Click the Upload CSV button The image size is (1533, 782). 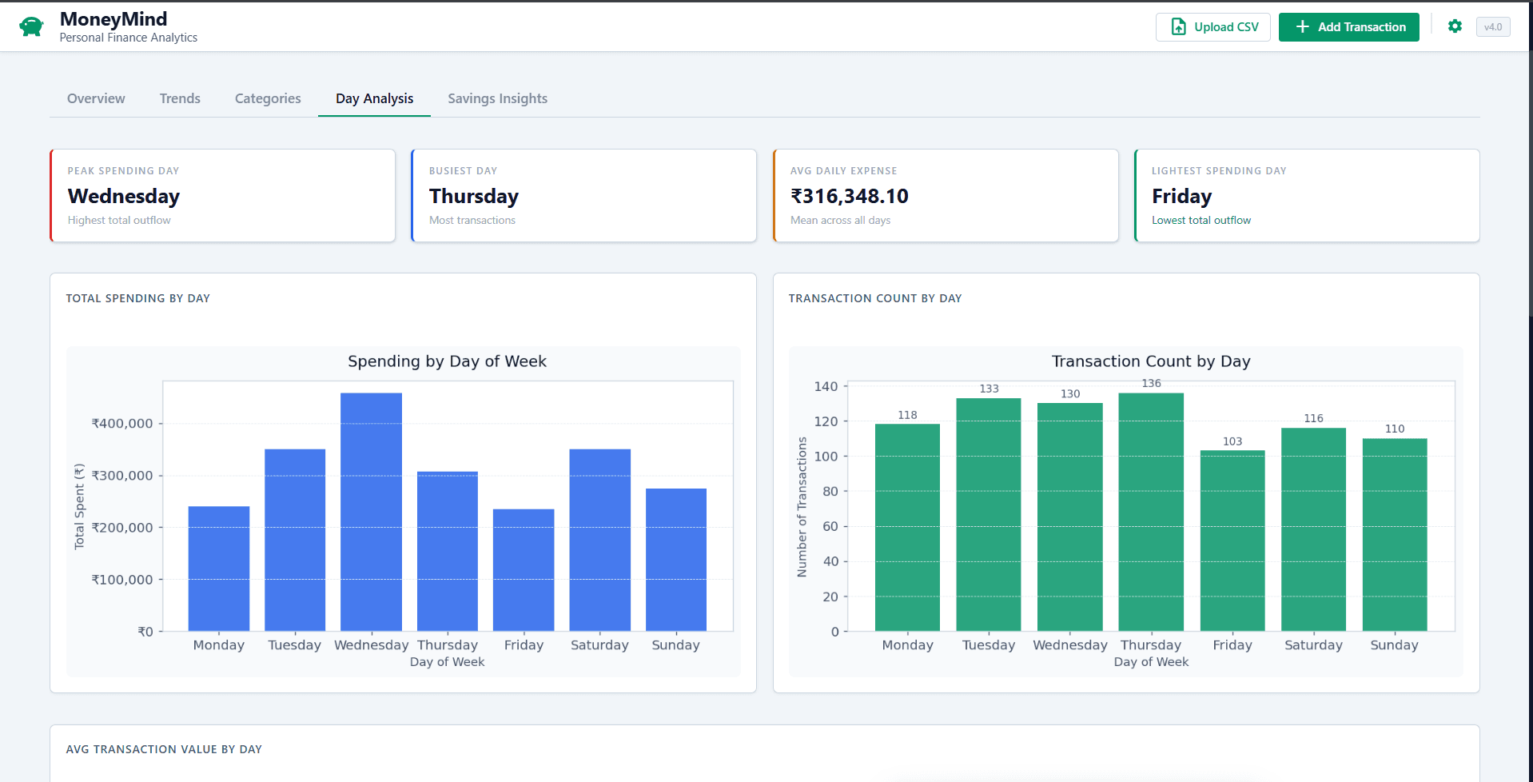click(x=1212, y=27)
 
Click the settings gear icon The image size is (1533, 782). click(x=1455, y=26)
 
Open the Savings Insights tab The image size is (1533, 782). click(x=497, y=98)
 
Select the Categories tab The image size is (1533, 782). click(x=268, y=98)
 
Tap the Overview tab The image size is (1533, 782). click(x=96, y=98)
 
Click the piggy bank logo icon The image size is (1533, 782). click(x=31, y=26)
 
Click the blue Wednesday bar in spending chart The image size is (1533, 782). click(x=371, y=512)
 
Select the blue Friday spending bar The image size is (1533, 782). click(x=524, y=569)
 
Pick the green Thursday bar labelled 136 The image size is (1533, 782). click(x=1151, y=512)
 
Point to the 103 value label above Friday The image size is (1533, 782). click(x=1232, y=441)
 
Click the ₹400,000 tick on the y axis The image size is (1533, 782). click(x=122, y=424)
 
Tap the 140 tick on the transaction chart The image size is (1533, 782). click(x=826, y=387)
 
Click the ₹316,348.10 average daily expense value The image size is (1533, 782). click(x=849, y=196)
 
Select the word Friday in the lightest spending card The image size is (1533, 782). click(x=1181, y=196)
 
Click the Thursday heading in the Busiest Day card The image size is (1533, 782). click(x=474, y=196)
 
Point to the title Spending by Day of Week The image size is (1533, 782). click(x=447, y=361)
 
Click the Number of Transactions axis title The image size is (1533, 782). click(x=802, y=507)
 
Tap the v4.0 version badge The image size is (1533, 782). click(x=1492, y=27)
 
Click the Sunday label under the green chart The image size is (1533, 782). click(x=1394, y=645)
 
